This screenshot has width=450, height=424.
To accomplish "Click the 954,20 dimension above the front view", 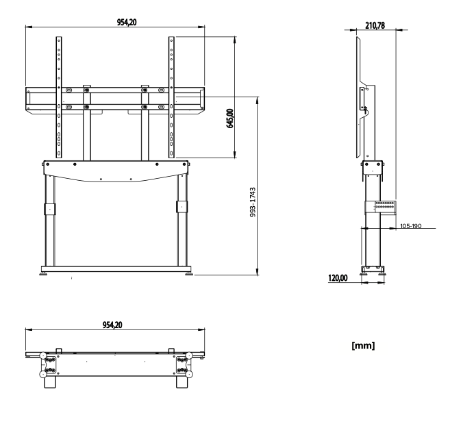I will click(x=114, y=23).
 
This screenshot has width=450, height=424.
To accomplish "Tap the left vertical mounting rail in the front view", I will click(x=59, y=96).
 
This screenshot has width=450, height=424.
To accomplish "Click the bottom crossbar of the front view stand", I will click(x=115, y=268).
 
